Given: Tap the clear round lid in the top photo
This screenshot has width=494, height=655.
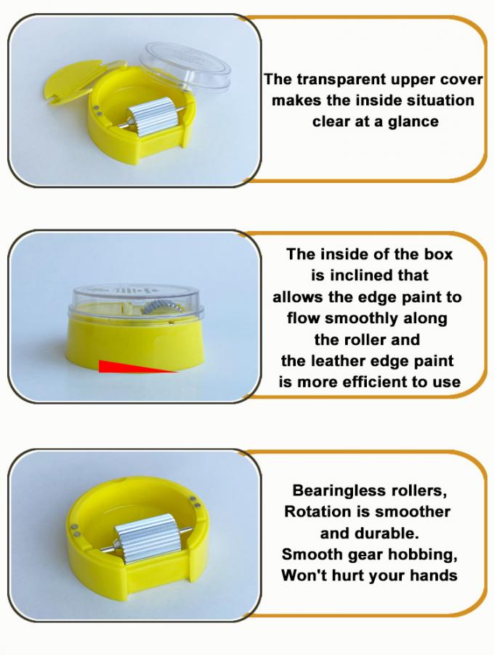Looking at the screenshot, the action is pos(185,66).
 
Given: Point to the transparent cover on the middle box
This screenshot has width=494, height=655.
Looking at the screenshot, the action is pos(136,303).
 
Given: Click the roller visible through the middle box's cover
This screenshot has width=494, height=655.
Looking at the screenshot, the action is pos(164,309).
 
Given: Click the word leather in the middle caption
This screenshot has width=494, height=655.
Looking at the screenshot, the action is pos(359,361).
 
